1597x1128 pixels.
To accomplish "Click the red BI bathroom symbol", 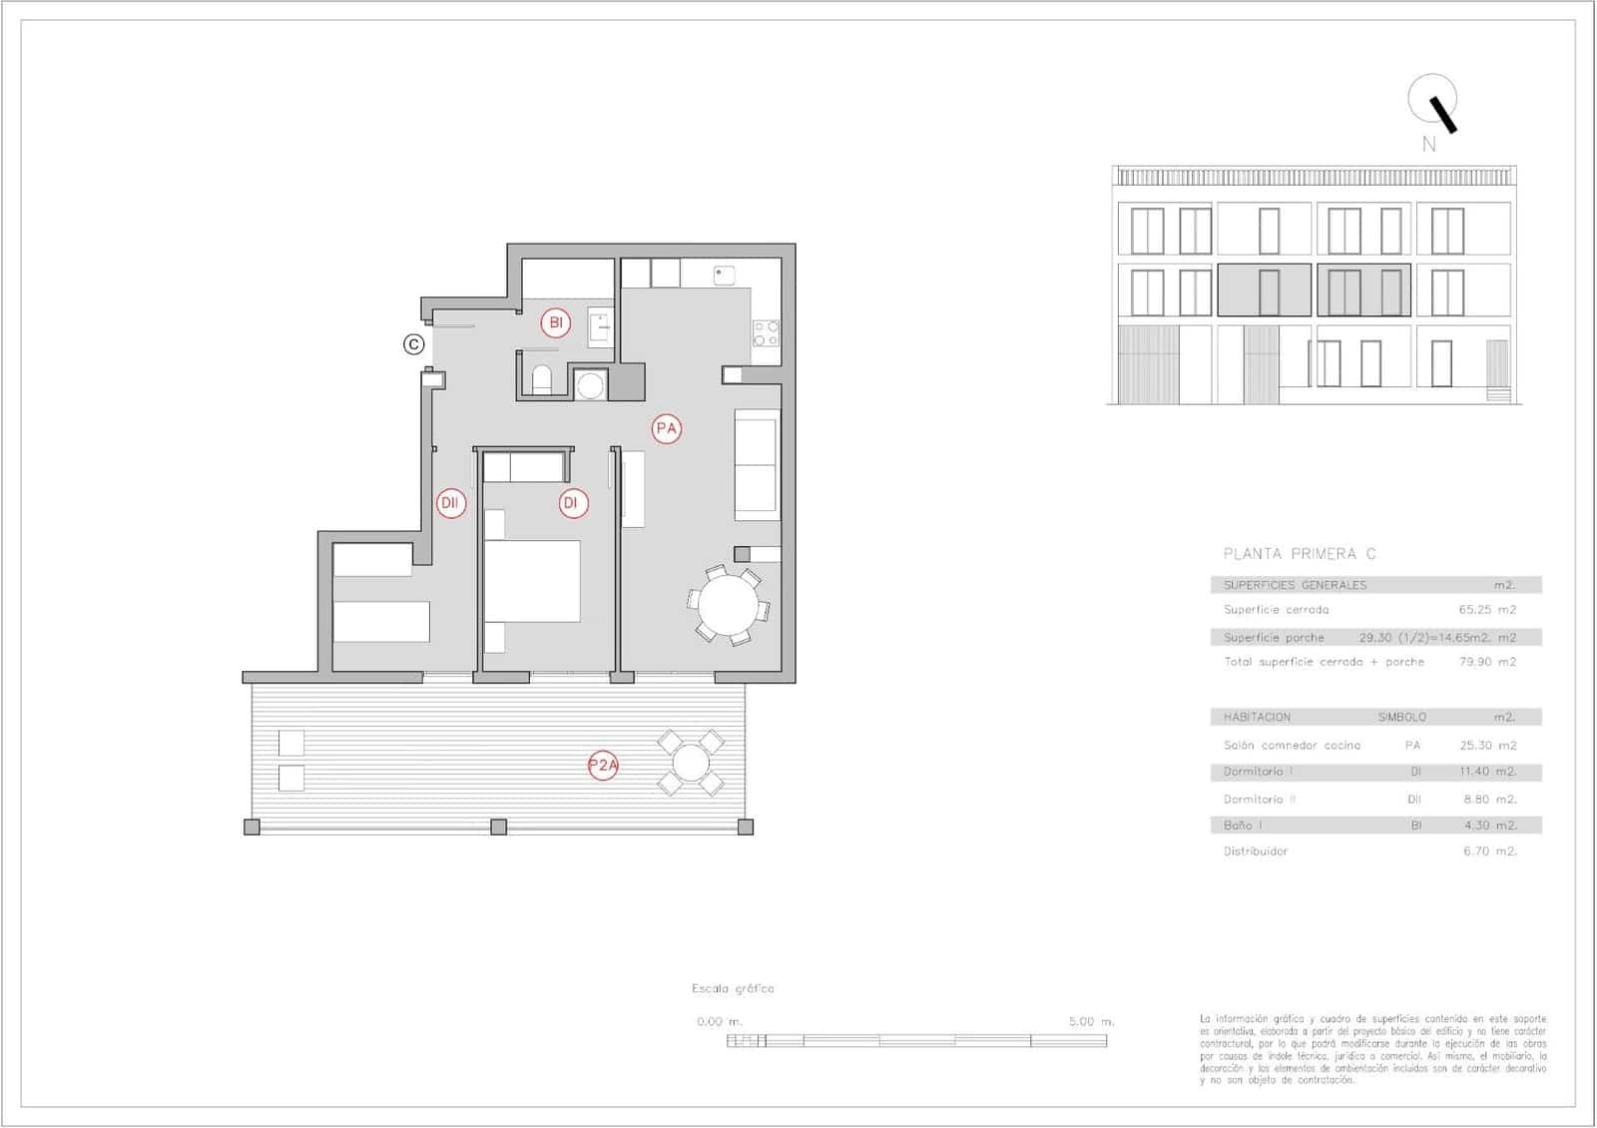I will coord(556,322).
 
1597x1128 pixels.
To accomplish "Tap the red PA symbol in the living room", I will coord(666,429).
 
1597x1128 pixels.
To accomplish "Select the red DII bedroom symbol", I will coord(450,503).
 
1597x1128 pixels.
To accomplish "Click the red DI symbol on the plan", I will coord(572,503).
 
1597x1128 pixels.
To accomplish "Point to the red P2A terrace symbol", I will coord(603,766).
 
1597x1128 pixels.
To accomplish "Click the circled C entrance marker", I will coord(413,344).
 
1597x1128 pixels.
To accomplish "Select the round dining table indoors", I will coord(728,605).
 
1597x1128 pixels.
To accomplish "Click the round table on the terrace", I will coord(690,764).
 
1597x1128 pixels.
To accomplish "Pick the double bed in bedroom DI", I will coord(532,582).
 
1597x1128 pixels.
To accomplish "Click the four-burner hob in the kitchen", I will coord(766,333).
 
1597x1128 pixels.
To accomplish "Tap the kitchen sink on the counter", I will coord(724,274).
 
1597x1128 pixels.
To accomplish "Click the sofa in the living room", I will coord(757,464).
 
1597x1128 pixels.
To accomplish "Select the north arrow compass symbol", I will coord(1433,104).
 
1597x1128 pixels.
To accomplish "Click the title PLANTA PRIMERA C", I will coord(1300,554).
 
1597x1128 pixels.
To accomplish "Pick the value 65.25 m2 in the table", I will coord(1486,609).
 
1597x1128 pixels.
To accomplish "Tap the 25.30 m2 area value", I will coord(1487,745).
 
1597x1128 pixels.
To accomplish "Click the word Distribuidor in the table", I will coord(1256,851).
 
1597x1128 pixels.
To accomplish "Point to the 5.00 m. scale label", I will coord(1091,1021).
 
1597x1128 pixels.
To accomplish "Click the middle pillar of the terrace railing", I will coord(498,827).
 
